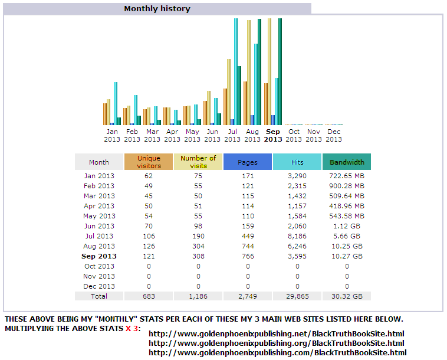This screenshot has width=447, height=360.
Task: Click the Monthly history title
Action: (157, 9)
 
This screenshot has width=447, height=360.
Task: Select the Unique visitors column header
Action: (149, 162)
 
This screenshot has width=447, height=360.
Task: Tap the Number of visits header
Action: (198, 162)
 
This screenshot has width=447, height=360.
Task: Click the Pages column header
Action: (248, 162)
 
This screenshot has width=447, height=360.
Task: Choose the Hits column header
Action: (297, 162)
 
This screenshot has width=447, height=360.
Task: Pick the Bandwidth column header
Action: (347, 162)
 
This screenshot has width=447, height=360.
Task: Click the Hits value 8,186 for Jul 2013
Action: (297, 236)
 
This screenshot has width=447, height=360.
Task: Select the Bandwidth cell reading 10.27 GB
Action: (347, 256)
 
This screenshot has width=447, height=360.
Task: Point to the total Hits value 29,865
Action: (297, 296)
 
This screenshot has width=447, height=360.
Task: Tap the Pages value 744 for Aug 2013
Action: (248, 246)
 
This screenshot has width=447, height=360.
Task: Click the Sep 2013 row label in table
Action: (99, 256)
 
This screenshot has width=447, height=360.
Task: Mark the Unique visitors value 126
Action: (149, 246)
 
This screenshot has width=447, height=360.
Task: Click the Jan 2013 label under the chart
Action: (112, 136)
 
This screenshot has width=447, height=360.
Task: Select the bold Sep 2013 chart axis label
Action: (273, 136)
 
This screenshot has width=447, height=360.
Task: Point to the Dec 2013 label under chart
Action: (334, 136)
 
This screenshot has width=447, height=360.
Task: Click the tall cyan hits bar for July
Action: (236, 71)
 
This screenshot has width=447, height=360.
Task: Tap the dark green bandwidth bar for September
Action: (280, 71)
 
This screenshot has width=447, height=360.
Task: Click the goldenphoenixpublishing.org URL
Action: (276, 343)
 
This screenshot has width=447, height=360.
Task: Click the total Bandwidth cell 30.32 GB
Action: (347, 296)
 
